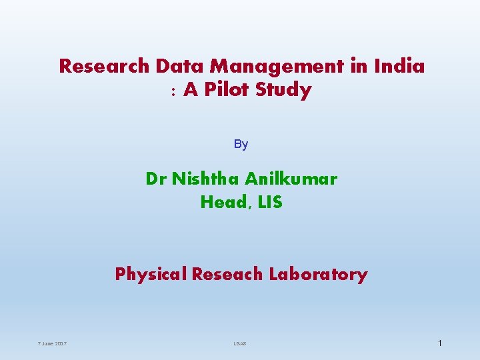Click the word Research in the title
pos(105,67)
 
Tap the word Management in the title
pos(276,67)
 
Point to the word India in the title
pos(400,67)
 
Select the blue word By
pos(241,144)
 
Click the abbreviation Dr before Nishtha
pos(156,179)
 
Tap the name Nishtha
pos(205,179)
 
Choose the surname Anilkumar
pos(291,179)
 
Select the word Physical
pos(151,275)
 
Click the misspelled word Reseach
pos(227,274)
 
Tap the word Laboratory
pos(318,275)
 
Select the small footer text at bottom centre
pos(240,343)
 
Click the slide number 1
pos(440,343)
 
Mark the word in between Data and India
pos(276,67)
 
